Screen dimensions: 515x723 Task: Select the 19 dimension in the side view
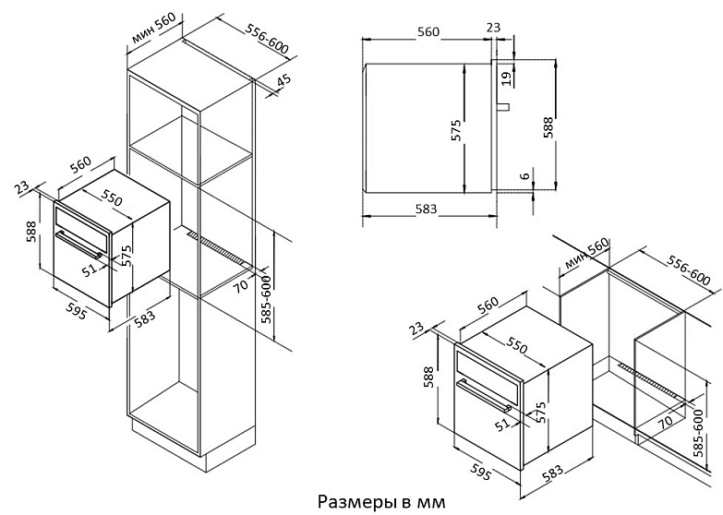tap(505, 78)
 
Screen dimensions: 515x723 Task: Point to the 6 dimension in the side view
tap(524, 176)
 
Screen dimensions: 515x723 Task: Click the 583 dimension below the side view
tap(426, 210)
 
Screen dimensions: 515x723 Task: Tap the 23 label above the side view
tap(494, 30)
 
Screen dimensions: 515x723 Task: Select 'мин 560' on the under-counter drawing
tap(585, 257)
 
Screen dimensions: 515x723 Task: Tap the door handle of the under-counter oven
tap(481, 397)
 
